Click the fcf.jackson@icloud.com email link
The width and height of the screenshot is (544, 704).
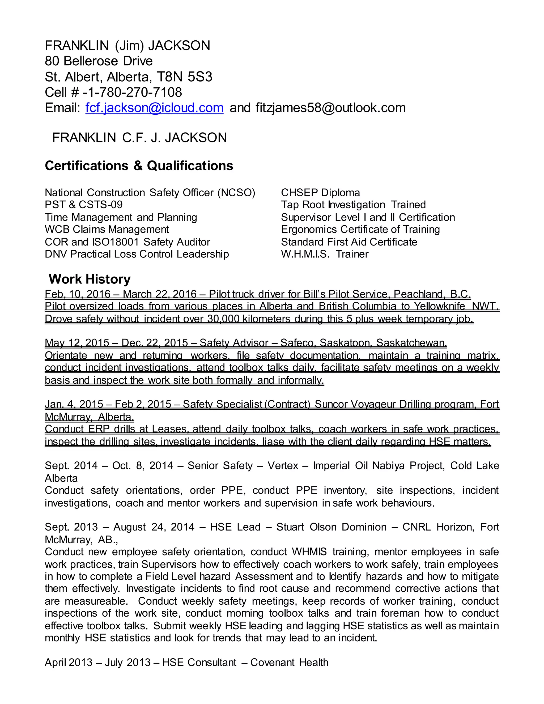pyautogui.click(x=154, y=108)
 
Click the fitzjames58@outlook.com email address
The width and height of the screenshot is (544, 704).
pyautogui.click(x=330, y=108)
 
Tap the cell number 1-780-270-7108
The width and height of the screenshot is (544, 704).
pyautogui.click(x=133, y=92)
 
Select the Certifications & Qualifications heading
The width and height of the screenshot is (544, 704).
pyautogui.click(x=139, y=166)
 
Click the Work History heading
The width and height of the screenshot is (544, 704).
pyautogui.click(x=90, y=279)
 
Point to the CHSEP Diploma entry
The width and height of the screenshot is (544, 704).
pyautogui.click(x=320, y=193)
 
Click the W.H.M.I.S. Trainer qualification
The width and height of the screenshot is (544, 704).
pyautogui.click(x=324, y=254)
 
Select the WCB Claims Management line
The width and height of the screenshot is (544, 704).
pyautogui.click(x=107, y=230)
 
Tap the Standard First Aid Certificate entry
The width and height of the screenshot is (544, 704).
pyautogui.click(x=349, y=242)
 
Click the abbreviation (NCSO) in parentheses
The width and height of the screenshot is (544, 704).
pyautogui.click(x=236, y=193)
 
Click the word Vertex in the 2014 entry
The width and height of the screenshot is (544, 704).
pyautogui.click(x=283, y=466)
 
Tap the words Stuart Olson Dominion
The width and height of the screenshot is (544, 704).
pyautogui.click(x=331, y=527)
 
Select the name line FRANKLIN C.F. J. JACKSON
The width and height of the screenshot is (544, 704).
pyautogui.click(x=139, y=138)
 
